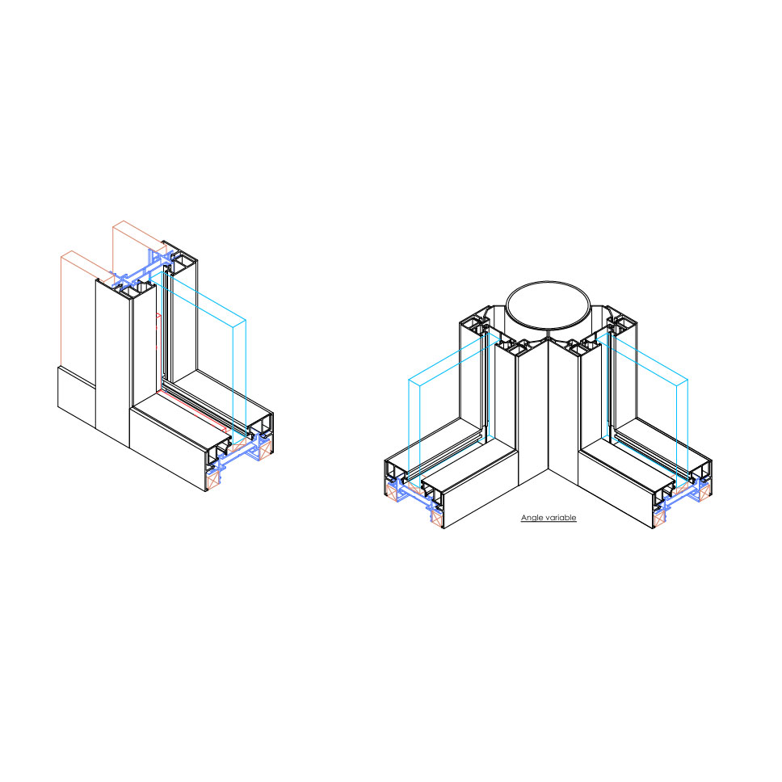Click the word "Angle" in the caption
tap(532, 518)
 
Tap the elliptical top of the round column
tap(548, 305)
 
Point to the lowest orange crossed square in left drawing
tap(213, 481)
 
